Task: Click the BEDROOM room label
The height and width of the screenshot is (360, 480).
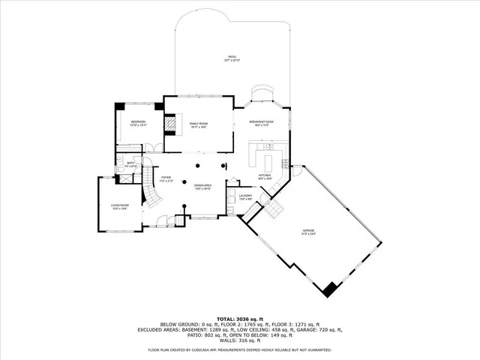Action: tap(138, 122)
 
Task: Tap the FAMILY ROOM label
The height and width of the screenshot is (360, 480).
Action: tap(198, 124)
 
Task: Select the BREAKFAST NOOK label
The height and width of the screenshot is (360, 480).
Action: tap(262, 121)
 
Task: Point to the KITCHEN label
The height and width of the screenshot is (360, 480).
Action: tap(264, 175)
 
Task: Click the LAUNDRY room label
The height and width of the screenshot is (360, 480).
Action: tap(244, 196)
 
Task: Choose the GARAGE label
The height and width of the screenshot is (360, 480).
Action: tap(308, 231)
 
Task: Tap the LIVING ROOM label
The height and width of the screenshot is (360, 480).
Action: tap(121, 205)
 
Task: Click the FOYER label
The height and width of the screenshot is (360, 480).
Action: tap(166, 178)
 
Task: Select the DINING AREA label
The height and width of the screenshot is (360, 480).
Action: tap(202, 185)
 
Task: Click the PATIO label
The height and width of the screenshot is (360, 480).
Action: tap(232, 57)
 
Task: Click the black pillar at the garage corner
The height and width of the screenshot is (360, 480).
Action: tap(328, 287)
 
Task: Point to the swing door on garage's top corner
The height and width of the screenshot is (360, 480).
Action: tap(298, 171)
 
